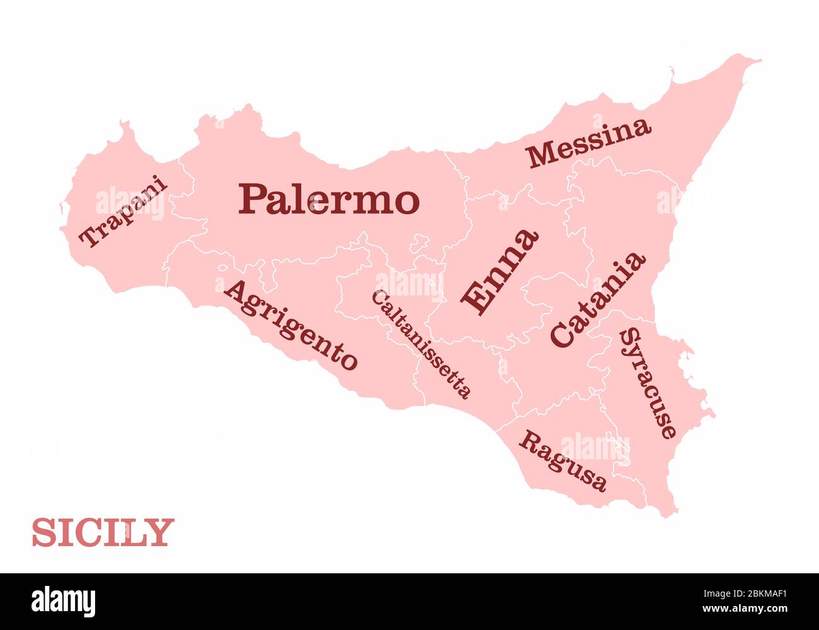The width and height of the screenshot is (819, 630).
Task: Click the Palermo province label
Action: click(329, 199)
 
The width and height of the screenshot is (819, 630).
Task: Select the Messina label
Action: click(589, 142)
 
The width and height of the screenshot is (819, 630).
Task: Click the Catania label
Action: click(598, 299)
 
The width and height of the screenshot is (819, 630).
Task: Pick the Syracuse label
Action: click(648, 383)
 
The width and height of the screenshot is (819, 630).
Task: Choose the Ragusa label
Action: click(563, 461)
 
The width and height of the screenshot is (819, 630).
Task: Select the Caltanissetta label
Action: click(421, 344)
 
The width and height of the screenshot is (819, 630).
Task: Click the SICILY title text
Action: click(103, 533)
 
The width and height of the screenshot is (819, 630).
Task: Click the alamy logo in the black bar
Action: click(63, 601)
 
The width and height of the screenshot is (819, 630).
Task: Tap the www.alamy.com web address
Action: click(745, 609)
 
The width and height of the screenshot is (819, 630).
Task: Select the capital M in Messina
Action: click(541, 156)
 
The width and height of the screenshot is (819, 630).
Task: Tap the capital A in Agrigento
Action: click(237, 291)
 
